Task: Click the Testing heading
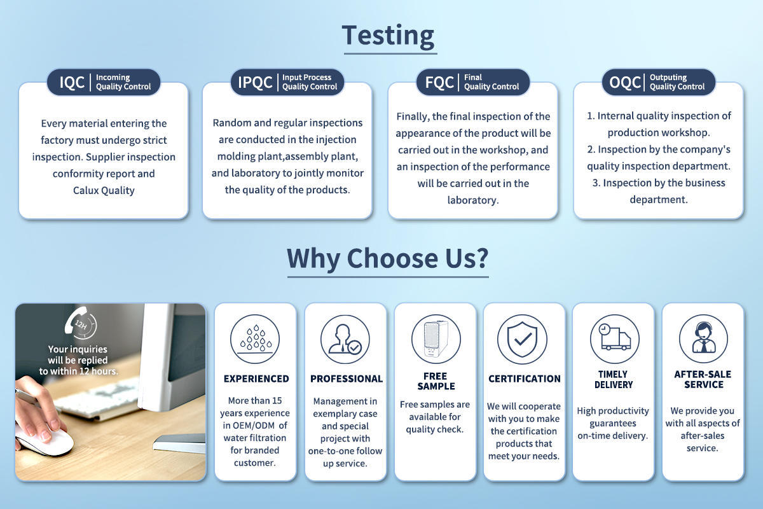[388, 36]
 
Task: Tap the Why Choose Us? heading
[388, 258]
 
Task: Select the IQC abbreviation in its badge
[72, 82]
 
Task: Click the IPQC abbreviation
[255, 82]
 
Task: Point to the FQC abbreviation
[439, 82]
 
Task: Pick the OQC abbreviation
[624, 82]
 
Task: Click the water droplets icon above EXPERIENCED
[255, 339]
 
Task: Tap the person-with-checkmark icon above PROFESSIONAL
[345, 339]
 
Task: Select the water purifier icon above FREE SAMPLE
[436, 339]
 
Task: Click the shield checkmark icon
[522, 339]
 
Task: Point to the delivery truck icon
[615, 339]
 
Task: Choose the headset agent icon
[703, 339]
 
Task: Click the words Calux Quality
[104, 190]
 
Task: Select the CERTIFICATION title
[524, 379]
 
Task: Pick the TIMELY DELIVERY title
[614, 379]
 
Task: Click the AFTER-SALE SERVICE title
[703, 379]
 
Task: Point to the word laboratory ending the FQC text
[473, 200]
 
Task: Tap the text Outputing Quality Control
[677, 82]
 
